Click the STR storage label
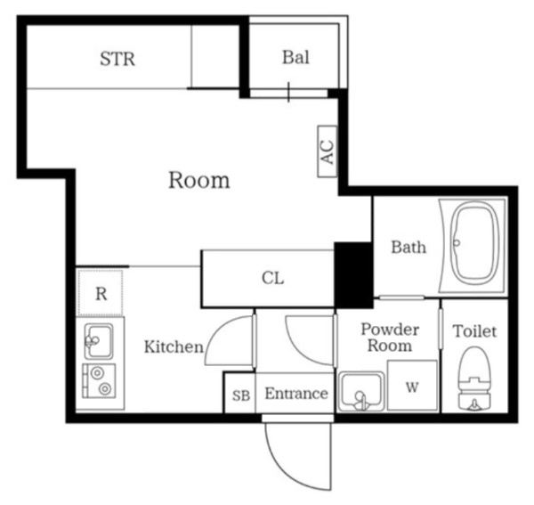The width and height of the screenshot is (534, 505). [x=117, y=59]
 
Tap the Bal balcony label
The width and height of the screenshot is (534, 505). [x=296, y=57]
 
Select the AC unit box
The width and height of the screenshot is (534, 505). [x=328, y=151]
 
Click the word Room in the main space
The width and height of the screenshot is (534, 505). [x=199, y=180]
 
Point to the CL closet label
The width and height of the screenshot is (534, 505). [x=273, y=278]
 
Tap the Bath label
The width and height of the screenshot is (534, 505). [x=409, y=247]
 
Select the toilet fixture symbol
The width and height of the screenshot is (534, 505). [x=474, y=379]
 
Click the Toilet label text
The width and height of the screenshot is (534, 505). [x=474, y=330]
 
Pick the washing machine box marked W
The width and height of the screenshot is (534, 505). [x=412, y=385]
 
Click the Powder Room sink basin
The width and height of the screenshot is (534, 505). [x=361, y=391]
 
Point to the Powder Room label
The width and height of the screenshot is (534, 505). [x=390, y=338]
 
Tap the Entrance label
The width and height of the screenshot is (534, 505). [x=296, y=394]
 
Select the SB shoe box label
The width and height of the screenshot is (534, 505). [x=241, y=395]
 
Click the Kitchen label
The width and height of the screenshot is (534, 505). [x=174, y=346]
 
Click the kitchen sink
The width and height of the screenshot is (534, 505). [x=99, y=341]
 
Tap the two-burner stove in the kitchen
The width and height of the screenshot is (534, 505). [x=99, y=381]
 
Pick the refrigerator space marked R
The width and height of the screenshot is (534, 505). [x=101, y=293]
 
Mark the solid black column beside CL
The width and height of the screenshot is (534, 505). [x=353, y=275]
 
